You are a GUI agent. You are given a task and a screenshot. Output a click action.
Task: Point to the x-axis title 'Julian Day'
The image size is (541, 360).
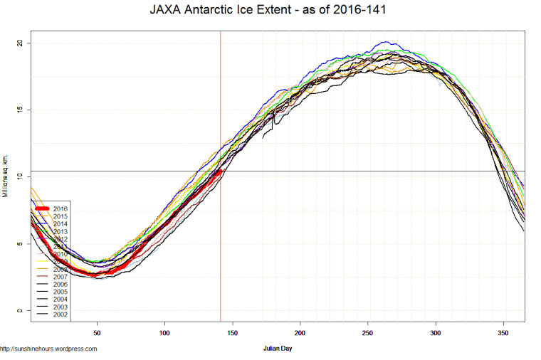(x=277, y=349)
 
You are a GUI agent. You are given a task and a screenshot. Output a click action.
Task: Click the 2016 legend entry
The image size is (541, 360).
(x=60, y=208)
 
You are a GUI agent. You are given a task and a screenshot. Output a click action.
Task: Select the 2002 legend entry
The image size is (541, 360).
(x=60, y=314)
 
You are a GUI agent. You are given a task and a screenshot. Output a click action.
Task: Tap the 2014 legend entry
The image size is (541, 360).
(x=60, y=223)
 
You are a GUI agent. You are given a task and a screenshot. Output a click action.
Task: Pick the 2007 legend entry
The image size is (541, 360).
(x=60, y=277)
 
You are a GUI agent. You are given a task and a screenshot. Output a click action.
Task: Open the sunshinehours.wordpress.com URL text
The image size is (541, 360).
(x=48, y=349)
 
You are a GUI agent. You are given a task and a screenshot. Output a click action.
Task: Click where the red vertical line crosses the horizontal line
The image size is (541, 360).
(x=221, y=171)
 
